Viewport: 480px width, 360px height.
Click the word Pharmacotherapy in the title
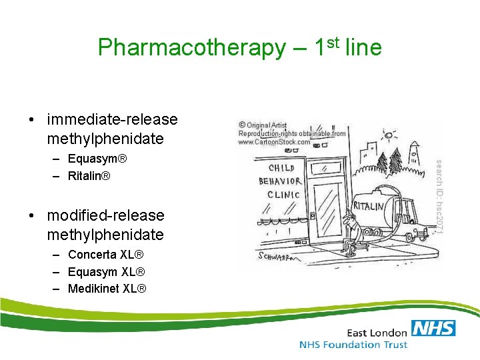(191, 48)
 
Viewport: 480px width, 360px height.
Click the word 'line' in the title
(363, 48)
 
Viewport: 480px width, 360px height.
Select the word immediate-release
(113, 120)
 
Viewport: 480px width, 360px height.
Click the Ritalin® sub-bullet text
(89, 176)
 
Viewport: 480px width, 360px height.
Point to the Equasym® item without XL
(97, 159)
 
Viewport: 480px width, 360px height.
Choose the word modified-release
(105, 215)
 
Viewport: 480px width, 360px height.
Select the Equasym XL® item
(106, 271)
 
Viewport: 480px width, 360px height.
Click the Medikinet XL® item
(107, 288)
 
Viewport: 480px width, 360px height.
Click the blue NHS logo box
(433, 329)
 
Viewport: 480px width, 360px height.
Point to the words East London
(377, 332)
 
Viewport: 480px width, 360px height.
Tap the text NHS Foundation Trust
(353, 345)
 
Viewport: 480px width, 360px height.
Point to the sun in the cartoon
(387, 137)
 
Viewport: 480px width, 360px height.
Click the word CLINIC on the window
(283, 195)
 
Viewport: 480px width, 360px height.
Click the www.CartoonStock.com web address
(274, 142)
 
